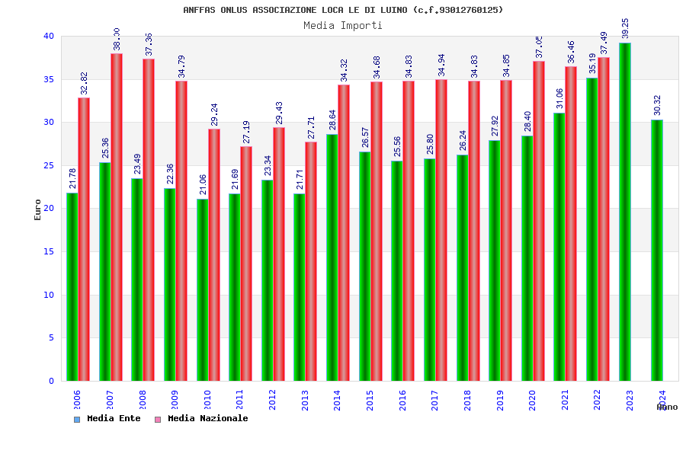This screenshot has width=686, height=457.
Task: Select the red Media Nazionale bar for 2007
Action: tap(117, 217)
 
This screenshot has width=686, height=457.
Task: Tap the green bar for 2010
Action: tap(202, 289)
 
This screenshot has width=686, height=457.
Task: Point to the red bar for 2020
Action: tap(539, 221)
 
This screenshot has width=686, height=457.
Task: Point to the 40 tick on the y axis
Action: tap(48, 36)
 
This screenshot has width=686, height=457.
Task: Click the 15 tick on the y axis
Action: tap(48, 251)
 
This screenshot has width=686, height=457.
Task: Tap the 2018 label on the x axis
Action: tap(467, 401)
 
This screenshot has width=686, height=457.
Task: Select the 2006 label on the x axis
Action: tap(77, 401)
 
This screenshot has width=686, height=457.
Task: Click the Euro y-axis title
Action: tap(38, 209)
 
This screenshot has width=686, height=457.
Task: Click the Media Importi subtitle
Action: tap(343, 25)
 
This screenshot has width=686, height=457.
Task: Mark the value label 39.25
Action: tap(625, 28)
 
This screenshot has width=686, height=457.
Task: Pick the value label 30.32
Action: tap(657, 106)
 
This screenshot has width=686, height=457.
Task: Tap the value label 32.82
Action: tap(84, 84)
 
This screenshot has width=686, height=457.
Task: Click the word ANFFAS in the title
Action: tap(200, 10)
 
